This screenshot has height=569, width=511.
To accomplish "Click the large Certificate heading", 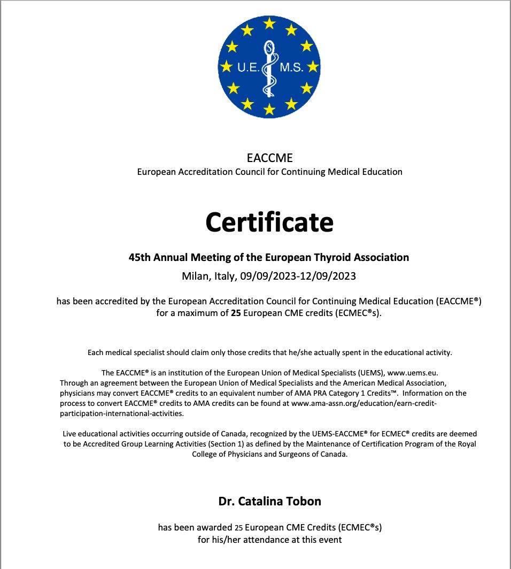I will point(269,221).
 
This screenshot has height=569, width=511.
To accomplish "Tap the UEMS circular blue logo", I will point(269,67).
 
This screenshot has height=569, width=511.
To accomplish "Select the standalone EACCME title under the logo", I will point(270,158).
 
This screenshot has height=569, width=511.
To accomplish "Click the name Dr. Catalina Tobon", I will point(270,501).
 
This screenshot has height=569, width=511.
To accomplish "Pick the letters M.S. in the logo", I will point(292,68).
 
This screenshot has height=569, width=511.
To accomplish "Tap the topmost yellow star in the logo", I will point(269,23).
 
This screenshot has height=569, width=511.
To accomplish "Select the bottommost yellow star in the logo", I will point(269,110).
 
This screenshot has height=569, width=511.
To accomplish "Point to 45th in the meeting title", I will point(140,257).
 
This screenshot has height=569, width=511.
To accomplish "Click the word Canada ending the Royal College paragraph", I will point(332,454).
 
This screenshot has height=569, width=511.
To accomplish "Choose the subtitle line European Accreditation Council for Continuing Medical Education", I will point(270,172).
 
